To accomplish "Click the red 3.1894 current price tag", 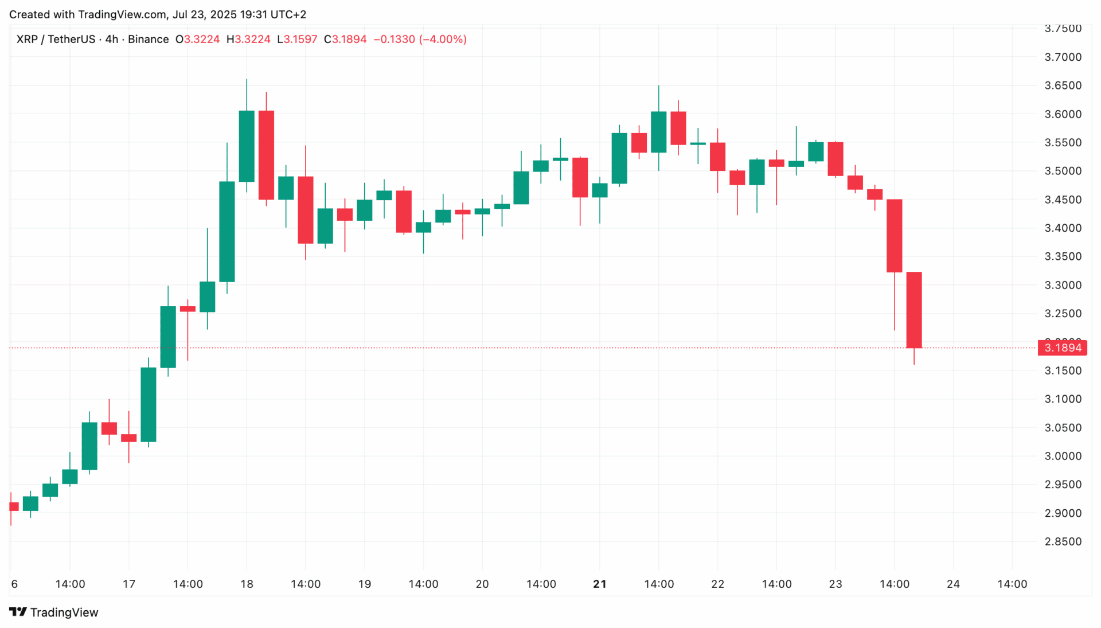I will point(1062,348).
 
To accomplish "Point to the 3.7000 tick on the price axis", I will point(1063,57).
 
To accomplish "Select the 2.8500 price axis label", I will point(1063,541).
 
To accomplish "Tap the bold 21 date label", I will point(599,584).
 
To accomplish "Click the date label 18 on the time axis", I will point(247,584).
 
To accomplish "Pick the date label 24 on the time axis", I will point(953,584).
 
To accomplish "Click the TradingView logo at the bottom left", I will point(54,612).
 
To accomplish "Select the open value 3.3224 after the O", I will point(201,39).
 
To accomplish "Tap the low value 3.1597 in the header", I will point(300,39).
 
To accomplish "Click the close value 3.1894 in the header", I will point(349,39).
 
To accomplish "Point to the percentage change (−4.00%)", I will point(443,39).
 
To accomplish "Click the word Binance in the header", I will point(148,39).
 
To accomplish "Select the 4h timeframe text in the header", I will point(111,39).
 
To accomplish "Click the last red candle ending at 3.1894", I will point(913,310).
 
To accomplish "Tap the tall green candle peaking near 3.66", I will point(247,146).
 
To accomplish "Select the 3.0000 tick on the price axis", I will point(1063,456).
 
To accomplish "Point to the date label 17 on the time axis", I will point(129,584).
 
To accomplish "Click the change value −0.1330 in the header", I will point(394,39).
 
